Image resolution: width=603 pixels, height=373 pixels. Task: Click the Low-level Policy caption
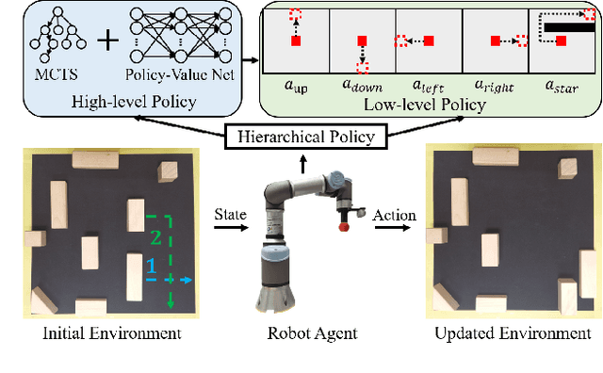tap(430, 105)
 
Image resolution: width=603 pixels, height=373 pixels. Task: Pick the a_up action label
tap(296, 86)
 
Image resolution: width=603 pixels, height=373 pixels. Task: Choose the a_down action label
tap(362, 86)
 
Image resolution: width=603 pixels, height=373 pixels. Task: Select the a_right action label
tap(496, 86)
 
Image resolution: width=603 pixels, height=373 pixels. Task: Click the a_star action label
tap(562, 86)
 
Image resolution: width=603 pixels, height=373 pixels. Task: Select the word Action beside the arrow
tap(393, 216)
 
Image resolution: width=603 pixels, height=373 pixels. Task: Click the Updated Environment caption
tap(513, 333)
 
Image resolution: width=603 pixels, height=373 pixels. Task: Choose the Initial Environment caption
tap(99, 333)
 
